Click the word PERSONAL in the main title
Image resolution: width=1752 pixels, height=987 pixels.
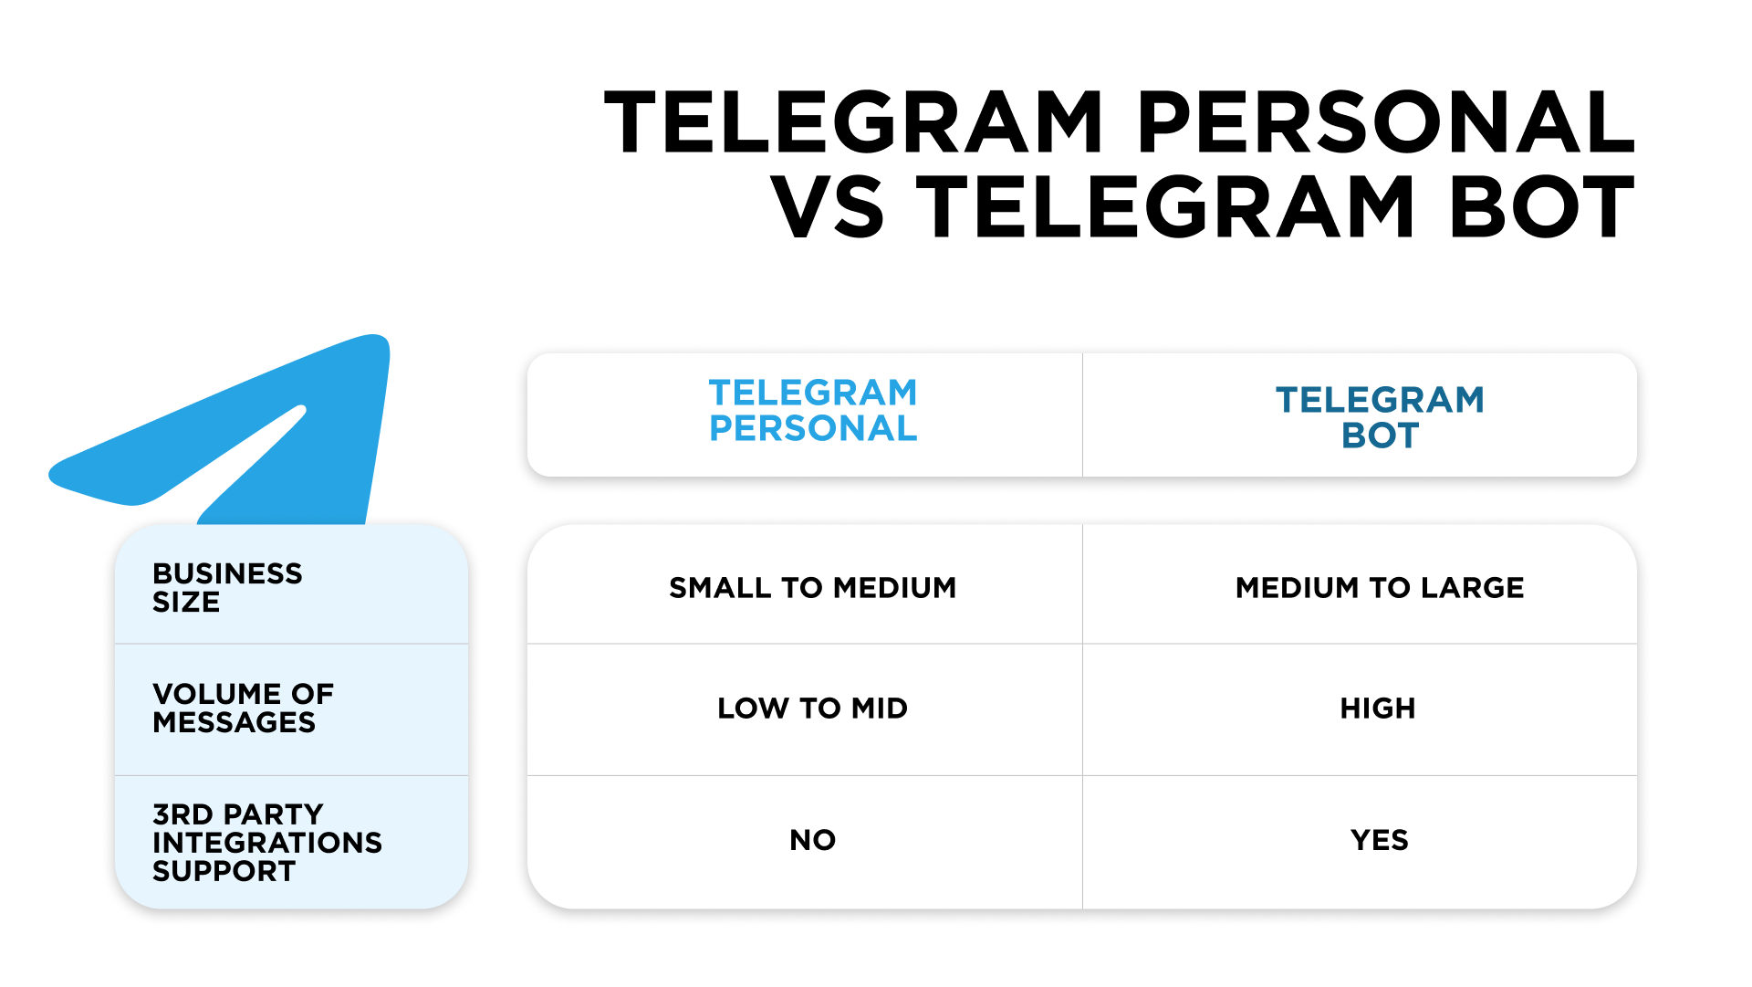[x=1386, y=122]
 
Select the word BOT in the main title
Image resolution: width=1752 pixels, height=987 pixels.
[x=1542, y=207]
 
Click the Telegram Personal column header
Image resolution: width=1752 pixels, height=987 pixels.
[x=813, y=410]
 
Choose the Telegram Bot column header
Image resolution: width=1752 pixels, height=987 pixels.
[x=1380, y=417]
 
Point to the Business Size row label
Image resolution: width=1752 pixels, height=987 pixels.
[x=227, y=587]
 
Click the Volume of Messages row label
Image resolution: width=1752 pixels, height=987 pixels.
[x=243, y=708]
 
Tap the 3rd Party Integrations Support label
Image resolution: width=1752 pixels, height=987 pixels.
[x=267, y=842]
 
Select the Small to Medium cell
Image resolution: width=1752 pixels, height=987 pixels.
[x=813, y=587]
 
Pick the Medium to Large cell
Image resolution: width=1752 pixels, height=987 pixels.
[x=1380, y=587]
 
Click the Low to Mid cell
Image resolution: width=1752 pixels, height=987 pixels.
[x=813, y=708]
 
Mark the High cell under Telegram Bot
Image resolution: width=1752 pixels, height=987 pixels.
[x=1378, y=708]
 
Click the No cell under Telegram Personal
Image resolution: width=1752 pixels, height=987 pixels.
[x=813, y=840]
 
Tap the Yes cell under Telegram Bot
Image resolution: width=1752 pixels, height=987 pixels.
[x=1380, y=840]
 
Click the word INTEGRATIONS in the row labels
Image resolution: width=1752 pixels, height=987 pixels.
[x=267, y=842]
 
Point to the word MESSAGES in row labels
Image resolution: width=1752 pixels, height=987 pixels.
[x=234, y=722]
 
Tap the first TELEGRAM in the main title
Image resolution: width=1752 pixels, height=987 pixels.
[x=854, y=122]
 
